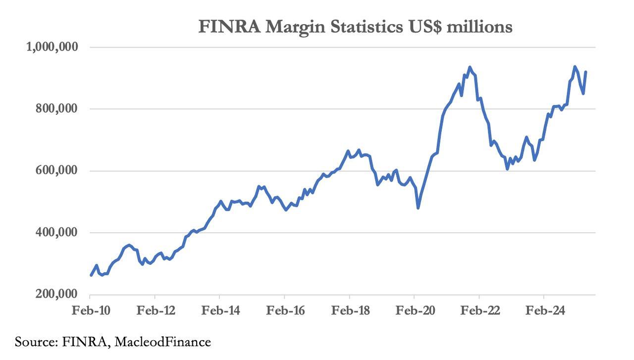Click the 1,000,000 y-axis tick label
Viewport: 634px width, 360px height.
pyautogui.click(x=52, y=47)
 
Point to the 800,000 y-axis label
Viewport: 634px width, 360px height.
pyautogui.click(x=55, y=109)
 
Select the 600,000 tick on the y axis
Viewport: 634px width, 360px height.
pyautogui.click(x=55, y=171)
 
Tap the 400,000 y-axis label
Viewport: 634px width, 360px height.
pyautogui.click(x=55, y=233)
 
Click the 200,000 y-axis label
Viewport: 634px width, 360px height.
pyautogui.click(x=55, y=295)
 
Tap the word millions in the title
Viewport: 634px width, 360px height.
pyautogui.click(x=479, y=26)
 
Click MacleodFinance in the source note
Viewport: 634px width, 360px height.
pyautogui.click(x=163, y=342)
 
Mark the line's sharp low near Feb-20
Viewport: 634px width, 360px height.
pyautogui.click(x=418, y=207)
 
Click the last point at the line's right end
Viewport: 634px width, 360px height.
pyautogui.click(x=586, y=72)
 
